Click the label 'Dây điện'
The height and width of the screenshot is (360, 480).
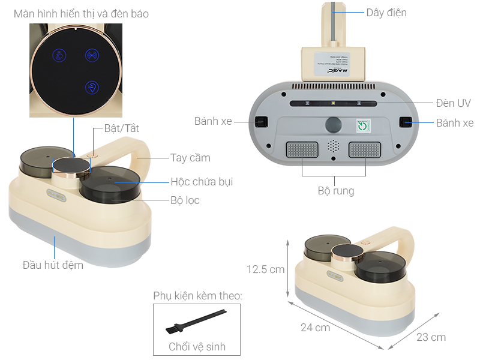click(386, 12)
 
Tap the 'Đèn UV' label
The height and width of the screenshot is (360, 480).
click(454, 103)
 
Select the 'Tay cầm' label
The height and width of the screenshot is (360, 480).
click(190, 158)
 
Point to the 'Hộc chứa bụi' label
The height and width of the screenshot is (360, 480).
click(202, 181)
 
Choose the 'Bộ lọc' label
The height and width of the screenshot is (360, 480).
click(185, 200)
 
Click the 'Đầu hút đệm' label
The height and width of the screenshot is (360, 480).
click(53, 265)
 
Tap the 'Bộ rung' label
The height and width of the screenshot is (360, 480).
click(335, 191)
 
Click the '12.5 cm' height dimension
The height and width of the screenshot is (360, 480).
click(265, 269)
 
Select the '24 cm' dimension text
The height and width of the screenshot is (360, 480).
click(315, 327)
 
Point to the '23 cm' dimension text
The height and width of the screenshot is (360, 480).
click(431, 337)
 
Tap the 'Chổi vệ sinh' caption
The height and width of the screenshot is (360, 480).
click(197, 346)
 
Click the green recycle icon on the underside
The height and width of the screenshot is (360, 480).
click(363, 127)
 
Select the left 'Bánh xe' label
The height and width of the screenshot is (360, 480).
click(212, 121)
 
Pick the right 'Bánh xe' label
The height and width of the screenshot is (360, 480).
click(454, 123)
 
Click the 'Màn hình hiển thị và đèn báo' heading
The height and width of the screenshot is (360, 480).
click(81, 13)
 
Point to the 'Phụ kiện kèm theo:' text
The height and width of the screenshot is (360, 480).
click(197, 296)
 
